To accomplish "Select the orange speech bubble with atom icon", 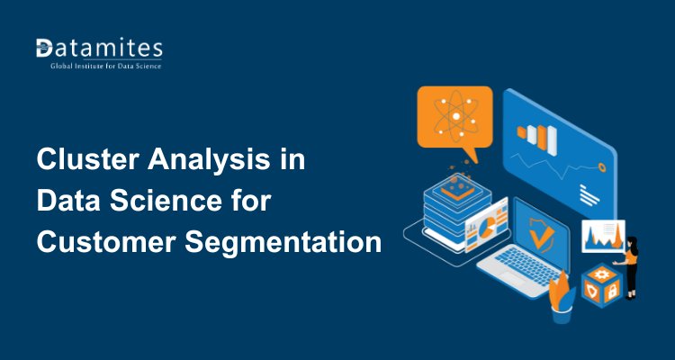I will tap(454, 117).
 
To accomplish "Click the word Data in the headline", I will tap(60, 202).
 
